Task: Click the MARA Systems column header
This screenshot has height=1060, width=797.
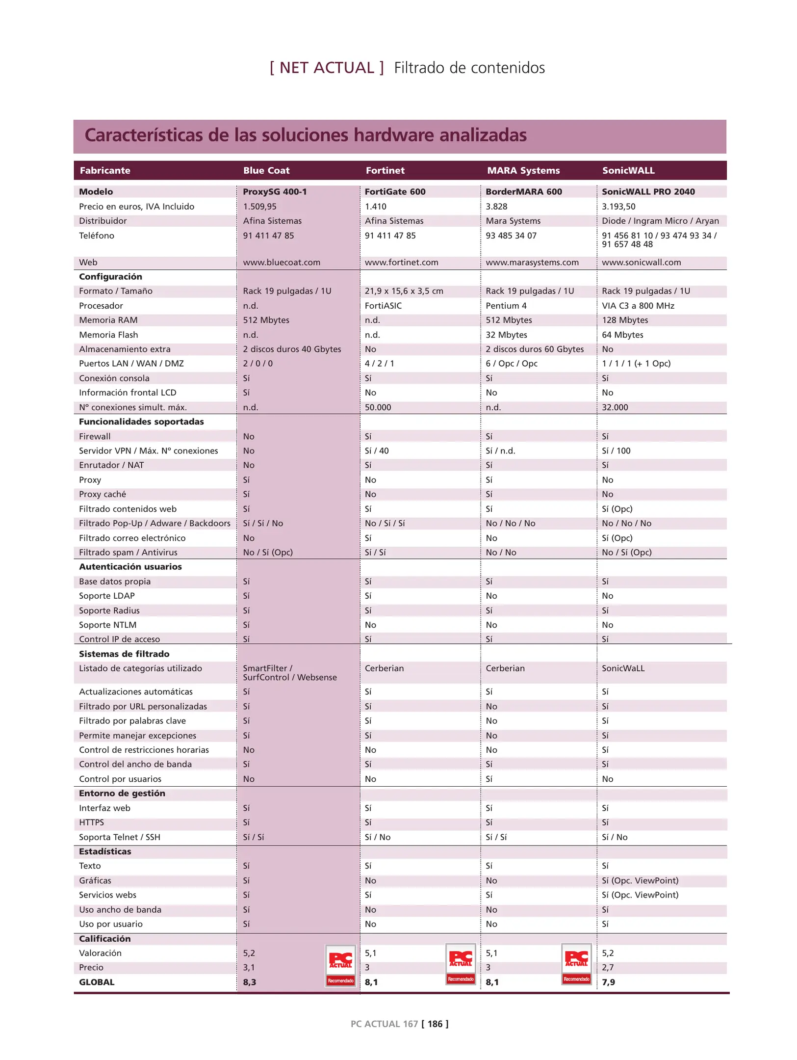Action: point(523,170)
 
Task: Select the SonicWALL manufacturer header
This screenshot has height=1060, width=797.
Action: point(628,170)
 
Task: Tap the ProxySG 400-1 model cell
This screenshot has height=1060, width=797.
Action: point(275,191)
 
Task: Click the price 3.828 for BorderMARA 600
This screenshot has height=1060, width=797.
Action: point(496,207)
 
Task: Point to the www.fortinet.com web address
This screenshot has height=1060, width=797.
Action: point(401,262)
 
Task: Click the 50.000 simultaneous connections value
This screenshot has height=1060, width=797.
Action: point(378,407)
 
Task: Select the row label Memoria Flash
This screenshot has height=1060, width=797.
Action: point(108,335)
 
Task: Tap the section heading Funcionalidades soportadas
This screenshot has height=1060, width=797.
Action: point(141,422)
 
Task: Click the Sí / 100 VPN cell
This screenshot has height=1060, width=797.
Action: point(616,450)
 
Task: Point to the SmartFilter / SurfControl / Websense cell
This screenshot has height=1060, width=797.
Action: point(289,673)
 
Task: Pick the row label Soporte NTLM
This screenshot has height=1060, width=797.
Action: point(107,625)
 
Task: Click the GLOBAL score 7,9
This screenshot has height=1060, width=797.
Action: point(608,982)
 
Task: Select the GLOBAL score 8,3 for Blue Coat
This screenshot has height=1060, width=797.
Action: point(249,982)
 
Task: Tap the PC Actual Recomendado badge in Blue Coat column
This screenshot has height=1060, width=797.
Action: point(340,965)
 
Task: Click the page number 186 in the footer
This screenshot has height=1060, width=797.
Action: point(435,1024)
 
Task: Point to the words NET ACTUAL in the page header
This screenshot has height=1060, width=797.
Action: point(327,68)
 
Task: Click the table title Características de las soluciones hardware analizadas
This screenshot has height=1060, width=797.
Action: point(306,135)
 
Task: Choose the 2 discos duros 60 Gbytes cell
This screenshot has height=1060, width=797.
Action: point(535,349)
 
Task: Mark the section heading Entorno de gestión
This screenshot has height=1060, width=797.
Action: point(122,793)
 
